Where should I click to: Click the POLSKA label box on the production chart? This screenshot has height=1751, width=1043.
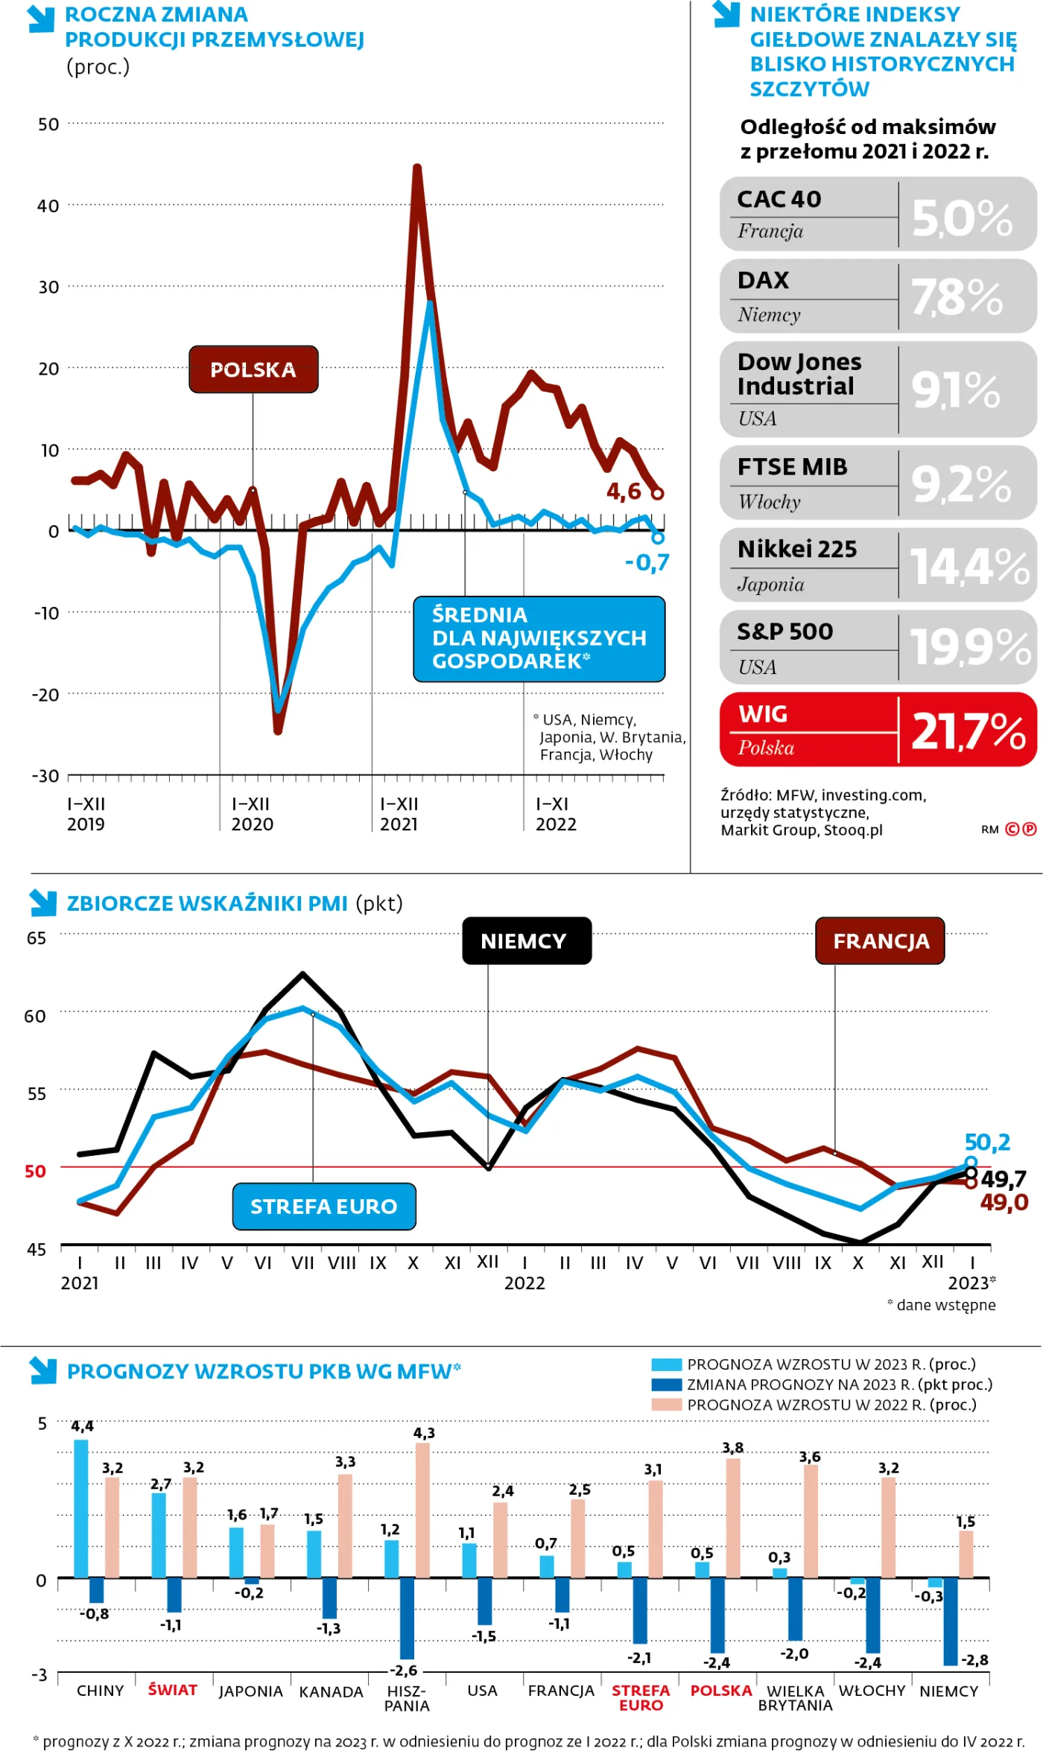point(253,369)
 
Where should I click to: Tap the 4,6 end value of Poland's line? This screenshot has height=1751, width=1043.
point(624,492)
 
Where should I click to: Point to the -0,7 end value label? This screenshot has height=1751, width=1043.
point(647,562)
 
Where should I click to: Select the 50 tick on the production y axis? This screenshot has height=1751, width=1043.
point(48,124)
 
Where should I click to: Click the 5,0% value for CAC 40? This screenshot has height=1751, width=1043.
point(962,218)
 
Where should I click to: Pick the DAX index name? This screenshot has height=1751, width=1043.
point(763,280)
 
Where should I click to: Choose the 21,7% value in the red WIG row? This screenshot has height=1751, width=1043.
point(968,731)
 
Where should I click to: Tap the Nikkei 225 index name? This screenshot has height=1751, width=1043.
point(797,549)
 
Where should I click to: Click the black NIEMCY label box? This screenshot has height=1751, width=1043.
point(526,941)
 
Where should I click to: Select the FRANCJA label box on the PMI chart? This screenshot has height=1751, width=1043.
point(881,941)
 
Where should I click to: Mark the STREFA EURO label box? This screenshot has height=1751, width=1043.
point(323,1206)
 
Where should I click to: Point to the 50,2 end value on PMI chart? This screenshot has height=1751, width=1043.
point(987,1142)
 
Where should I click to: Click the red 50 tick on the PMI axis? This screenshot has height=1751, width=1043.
point(35,1172)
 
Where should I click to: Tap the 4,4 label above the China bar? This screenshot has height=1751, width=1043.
point(82,1426)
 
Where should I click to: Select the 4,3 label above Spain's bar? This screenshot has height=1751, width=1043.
point(424,1432)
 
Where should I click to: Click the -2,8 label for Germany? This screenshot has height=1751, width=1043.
point(974,1659)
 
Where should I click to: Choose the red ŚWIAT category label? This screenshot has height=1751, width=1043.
point(172,1689)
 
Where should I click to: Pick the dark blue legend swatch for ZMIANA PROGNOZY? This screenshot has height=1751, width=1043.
point(666,1385)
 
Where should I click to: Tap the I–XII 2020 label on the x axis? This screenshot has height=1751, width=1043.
point(253,814)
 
